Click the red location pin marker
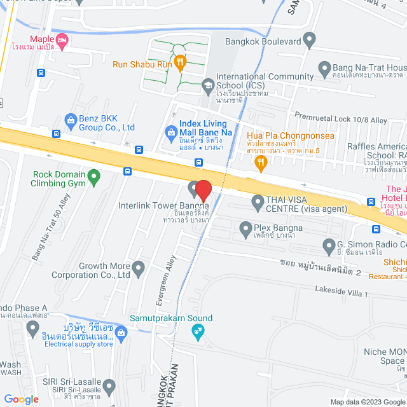203,190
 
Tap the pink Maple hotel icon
62,42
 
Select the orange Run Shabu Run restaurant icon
181,62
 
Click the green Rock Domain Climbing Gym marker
93,176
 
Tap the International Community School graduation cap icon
207,84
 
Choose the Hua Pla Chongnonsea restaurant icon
260,163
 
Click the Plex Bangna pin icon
245,228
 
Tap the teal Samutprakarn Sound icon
199,330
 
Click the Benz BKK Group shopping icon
70,119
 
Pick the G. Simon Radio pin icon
329,245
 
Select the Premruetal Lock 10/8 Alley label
340,118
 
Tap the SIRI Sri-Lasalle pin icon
110,385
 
